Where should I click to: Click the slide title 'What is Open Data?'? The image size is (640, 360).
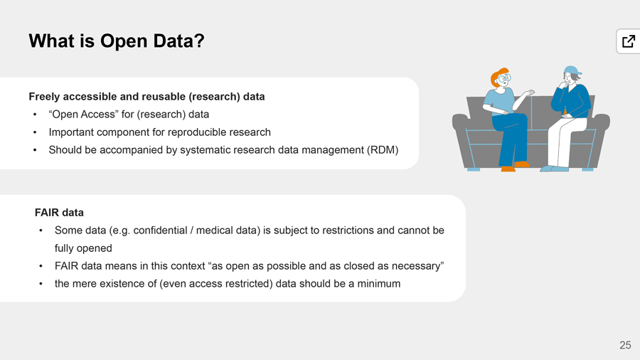[x=117, y=41]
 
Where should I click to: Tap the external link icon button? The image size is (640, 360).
[x=629, y=41]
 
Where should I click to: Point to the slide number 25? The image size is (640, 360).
[x=625, y=345]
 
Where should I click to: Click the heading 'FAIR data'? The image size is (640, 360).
[x=59, y=213]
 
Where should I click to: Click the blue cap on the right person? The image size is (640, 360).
[x=572, y=70]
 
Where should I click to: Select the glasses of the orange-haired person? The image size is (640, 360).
[x=504, y=78]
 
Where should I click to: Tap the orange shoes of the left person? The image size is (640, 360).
[x=515, y=166]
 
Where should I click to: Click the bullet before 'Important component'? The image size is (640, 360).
[x=35, y=132]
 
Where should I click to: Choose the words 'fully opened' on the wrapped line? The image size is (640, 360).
[x=83, y=248]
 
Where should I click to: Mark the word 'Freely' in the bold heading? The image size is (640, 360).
[x=44, y=97]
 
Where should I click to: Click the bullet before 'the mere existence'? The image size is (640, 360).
[x=41, y=284]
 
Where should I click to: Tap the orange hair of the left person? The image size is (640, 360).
[x=497, y=75]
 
